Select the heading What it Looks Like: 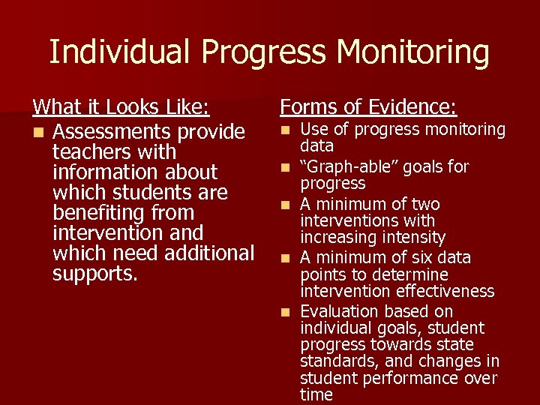(120, 107)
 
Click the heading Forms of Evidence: (368, 107)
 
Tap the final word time (316, 394)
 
